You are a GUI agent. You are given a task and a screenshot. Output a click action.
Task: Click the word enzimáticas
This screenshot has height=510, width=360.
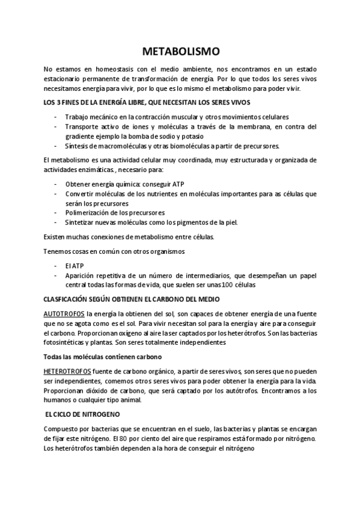click(103, 170)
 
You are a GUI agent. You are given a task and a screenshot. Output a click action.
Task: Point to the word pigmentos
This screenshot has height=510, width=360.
click(183, 223)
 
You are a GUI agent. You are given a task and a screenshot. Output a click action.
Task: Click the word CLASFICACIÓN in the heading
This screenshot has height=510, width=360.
click(67, 299)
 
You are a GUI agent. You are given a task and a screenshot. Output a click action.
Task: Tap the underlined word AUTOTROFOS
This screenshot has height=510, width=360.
click(64, 314)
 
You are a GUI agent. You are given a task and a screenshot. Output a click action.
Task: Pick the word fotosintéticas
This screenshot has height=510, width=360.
click(66, 343)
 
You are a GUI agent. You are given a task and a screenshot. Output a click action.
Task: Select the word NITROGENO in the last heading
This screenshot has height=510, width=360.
click(100, 415)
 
